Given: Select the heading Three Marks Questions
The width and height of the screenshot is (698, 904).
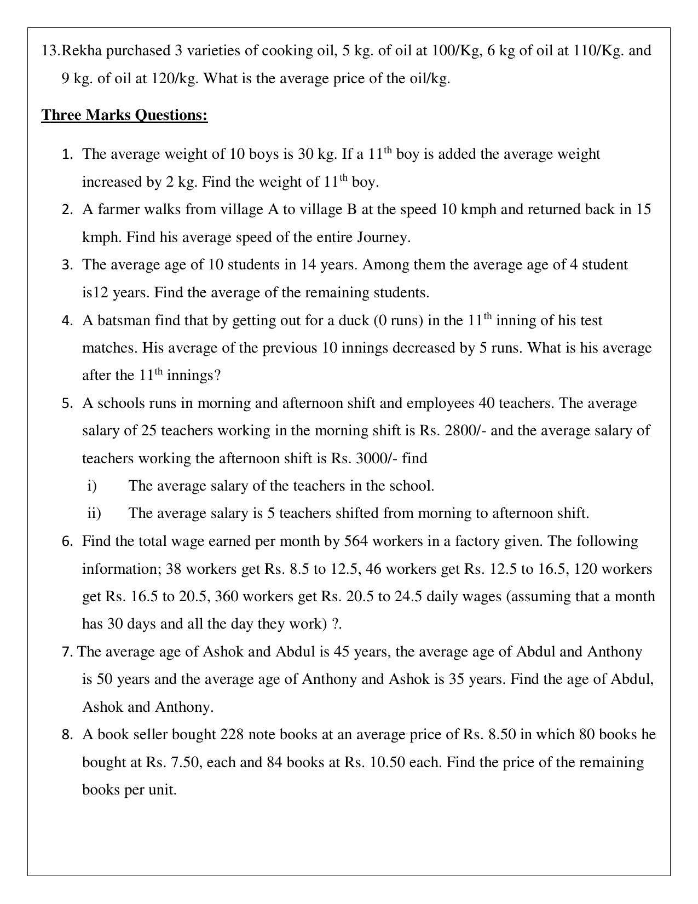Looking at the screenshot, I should (124, 116).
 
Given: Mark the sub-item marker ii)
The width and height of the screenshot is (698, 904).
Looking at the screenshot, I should (94, 514).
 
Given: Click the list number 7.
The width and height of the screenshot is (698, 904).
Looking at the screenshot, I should (67, 652).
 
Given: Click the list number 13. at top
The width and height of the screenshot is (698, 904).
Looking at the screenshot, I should (50, 51).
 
